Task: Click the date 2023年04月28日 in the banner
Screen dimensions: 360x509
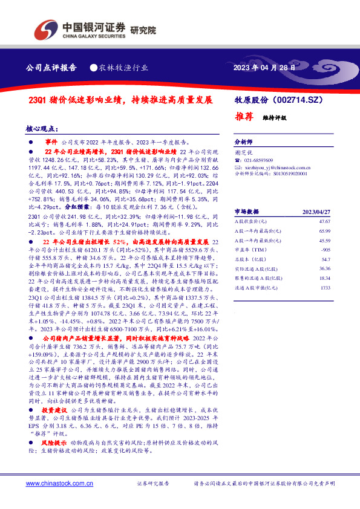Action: [265, 68]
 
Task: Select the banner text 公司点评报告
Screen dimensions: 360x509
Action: [52, 68]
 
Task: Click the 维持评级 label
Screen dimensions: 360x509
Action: [274, 118]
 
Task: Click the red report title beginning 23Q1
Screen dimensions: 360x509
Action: [122, 100]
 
